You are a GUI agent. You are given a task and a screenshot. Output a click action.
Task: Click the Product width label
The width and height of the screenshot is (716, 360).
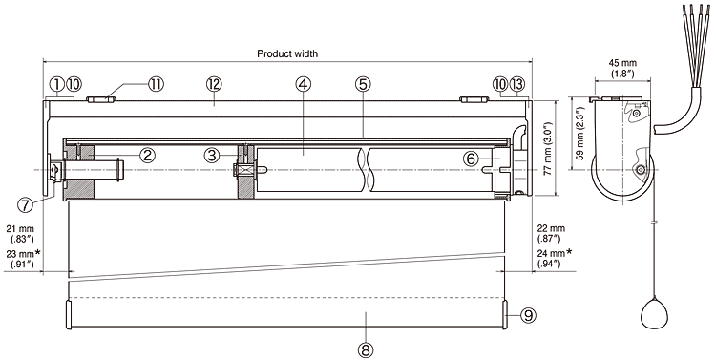[x=287, y=53]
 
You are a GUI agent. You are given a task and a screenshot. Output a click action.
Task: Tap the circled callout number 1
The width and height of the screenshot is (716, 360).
[x=56, y=84]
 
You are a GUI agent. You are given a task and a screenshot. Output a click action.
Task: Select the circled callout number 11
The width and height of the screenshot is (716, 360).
[x=156, y=84]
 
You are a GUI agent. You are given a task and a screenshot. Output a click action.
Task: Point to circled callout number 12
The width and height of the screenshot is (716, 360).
[x=214, y=84]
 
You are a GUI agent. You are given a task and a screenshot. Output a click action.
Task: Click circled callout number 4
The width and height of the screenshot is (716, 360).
[x=303, y=84]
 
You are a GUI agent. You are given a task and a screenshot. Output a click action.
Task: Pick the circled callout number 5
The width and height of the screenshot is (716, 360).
[x=363, y=84]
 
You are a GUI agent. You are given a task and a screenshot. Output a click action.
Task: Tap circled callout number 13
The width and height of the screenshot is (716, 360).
[x=516, y=84]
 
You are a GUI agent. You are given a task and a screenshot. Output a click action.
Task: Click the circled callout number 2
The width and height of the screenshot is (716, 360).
[x=147, y=156]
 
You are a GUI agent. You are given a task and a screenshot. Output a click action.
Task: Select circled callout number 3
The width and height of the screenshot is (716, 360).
[x=212, y=156]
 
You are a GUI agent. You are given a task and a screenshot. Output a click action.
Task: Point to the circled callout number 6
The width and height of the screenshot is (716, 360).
[x=473, y=159]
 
